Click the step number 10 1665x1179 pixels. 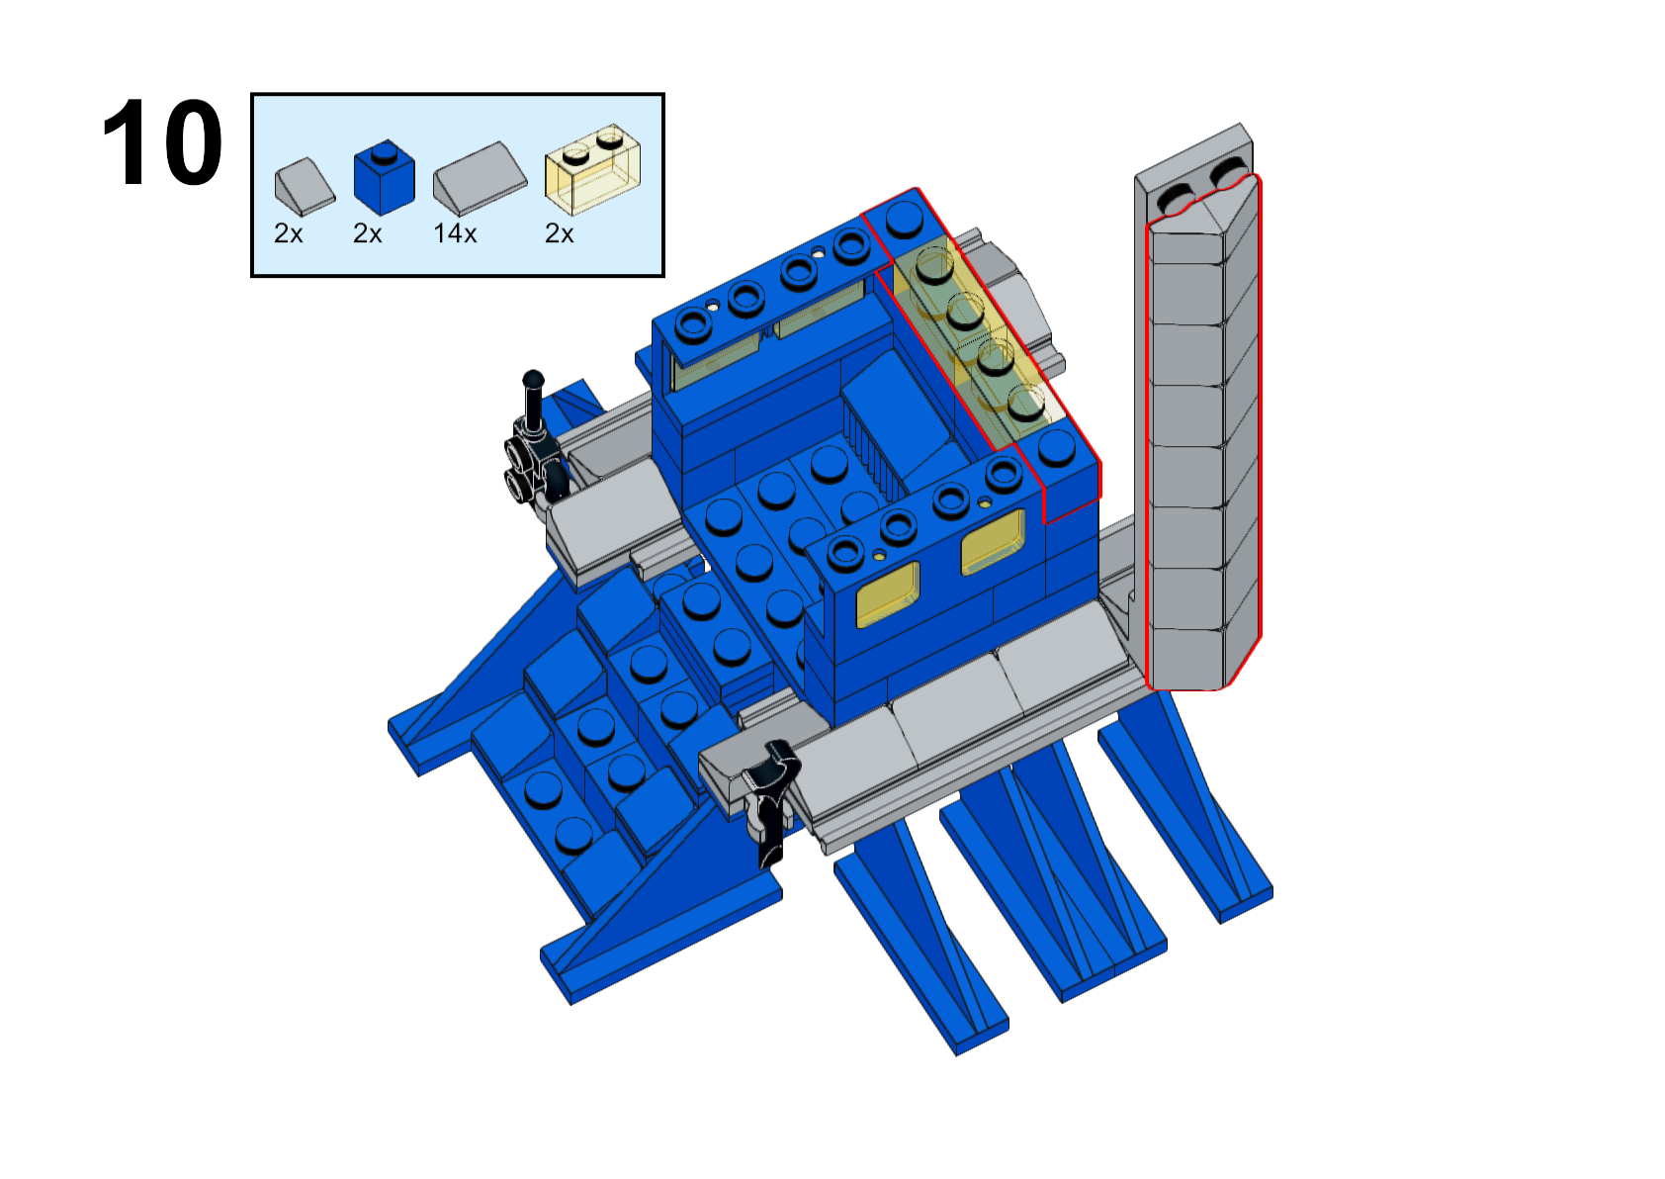pyautogui.click(x=162, y=142)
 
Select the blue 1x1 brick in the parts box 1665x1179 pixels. pyautogui.click(x=384, y=178)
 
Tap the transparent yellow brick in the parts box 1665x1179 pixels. pyautogui.click(x=592, y=169)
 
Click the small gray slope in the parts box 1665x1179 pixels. pyautogui.click(x=305, y=187)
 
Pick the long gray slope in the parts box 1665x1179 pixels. pyautogui.click(x=481, y=178)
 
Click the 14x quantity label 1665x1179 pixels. pyautogui.click(x=455, y=234)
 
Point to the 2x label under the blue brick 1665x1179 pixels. pyautogui.click(x=367, y=234)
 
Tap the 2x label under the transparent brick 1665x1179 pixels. pyautogui.click(x=559, y=234)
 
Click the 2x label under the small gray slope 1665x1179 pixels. pyautogui.click(x=289, y=234)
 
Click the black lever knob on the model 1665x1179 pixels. pyautogui.click(x=533, y=380)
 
